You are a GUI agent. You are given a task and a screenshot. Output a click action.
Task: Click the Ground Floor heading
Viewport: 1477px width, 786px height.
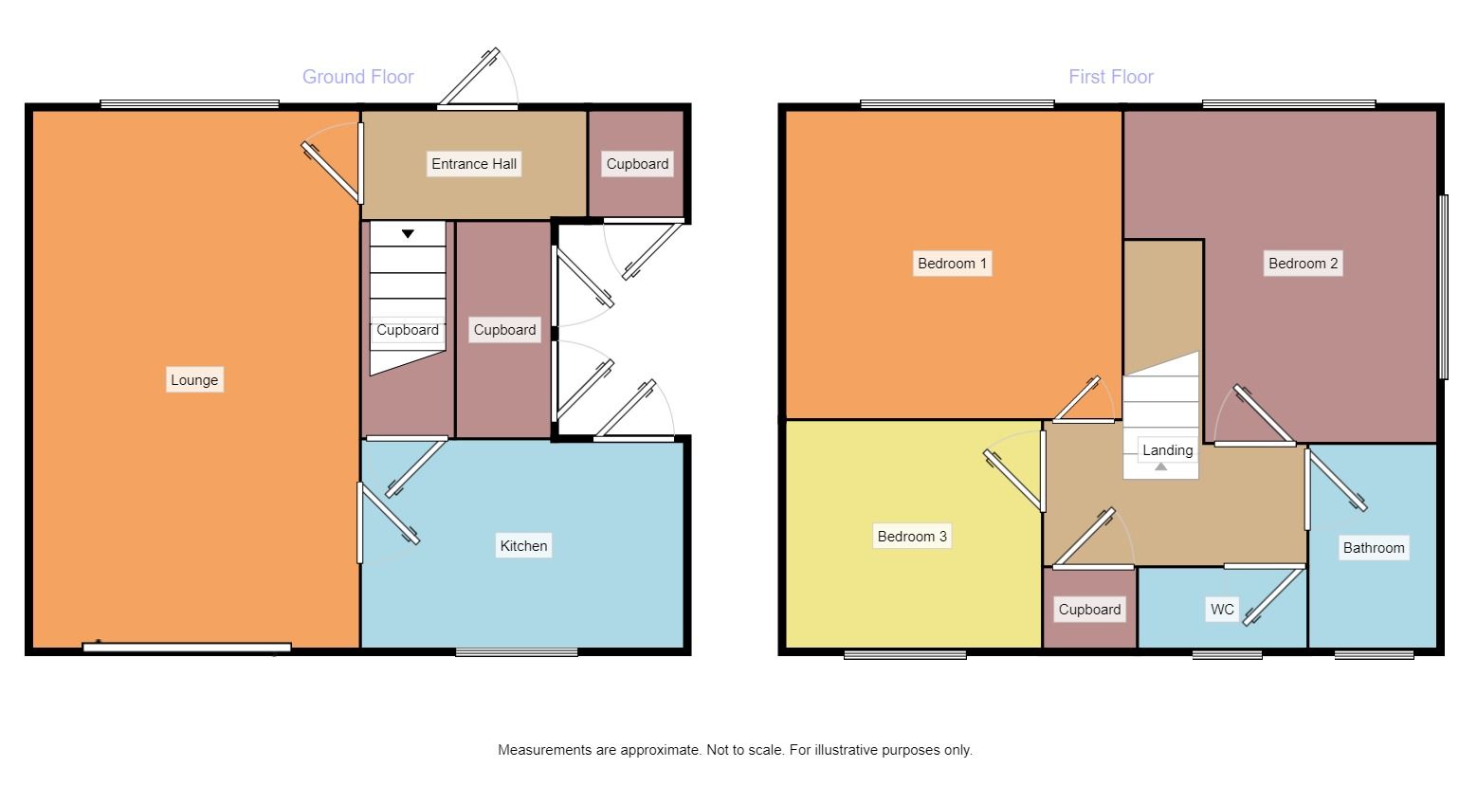(357, 77)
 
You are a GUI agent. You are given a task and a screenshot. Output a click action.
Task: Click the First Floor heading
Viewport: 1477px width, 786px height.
(1110, 77)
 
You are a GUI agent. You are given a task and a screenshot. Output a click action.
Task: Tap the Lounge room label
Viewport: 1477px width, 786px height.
(194, 380)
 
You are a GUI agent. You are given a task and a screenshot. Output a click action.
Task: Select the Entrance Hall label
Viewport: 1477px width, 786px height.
(474, 164)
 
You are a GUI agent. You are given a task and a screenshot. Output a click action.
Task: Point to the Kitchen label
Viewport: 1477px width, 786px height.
(523, 545)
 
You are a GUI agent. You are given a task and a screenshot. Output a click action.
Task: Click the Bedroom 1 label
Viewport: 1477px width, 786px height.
(953, 264)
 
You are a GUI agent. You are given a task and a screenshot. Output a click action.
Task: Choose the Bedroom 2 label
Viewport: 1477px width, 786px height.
(1303, 264)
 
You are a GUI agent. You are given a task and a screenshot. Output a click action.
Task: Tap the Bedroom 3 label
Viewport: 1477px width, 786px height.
(912, 537)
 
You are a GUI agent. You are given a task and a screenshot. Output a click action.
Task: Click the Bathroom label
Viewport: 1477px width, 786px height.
(1373, 548)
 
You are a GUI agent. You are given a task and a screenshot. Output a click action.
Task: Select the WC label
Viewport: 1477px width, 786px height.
(1222, 610)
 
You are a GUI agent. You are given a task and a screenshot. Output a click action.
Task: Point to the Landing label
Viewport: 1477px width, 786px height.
(1167, 450)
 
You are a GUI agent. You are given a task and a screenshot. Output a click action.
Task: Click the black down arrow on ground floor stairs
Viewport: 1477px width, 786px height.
(408, 233)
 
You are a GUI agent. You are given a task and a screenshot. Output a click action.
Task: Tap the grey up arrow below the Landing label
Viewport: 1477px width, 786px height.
(1161, 466)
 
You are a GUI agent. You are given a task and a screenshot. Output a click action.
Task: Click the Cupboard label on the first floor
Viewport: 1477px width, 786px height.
(1089, 610)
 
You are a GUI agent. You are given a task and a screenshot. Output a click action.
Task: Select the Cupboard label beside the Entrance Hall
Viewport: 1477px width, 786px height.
(637, 164)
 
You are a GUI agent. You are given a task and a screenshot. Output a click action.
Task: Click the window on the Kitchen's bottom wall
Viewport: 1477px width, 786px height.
(517, 652)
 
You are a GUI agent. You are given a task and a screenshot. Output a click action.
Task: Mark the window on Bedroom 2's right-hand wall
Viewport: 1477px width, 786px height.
(1444, 286)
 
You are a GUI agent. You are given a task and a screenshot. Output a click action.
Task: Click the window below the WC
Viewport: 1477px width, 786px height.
(1227, 653)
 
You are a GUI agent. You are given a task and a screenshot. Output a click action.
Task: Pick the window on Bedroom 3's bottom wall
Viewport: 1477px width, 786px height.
(905, 653)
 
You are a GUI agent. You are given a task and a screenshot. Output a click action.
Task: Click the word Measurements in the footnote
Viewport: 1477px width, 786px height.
(544, 750)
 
